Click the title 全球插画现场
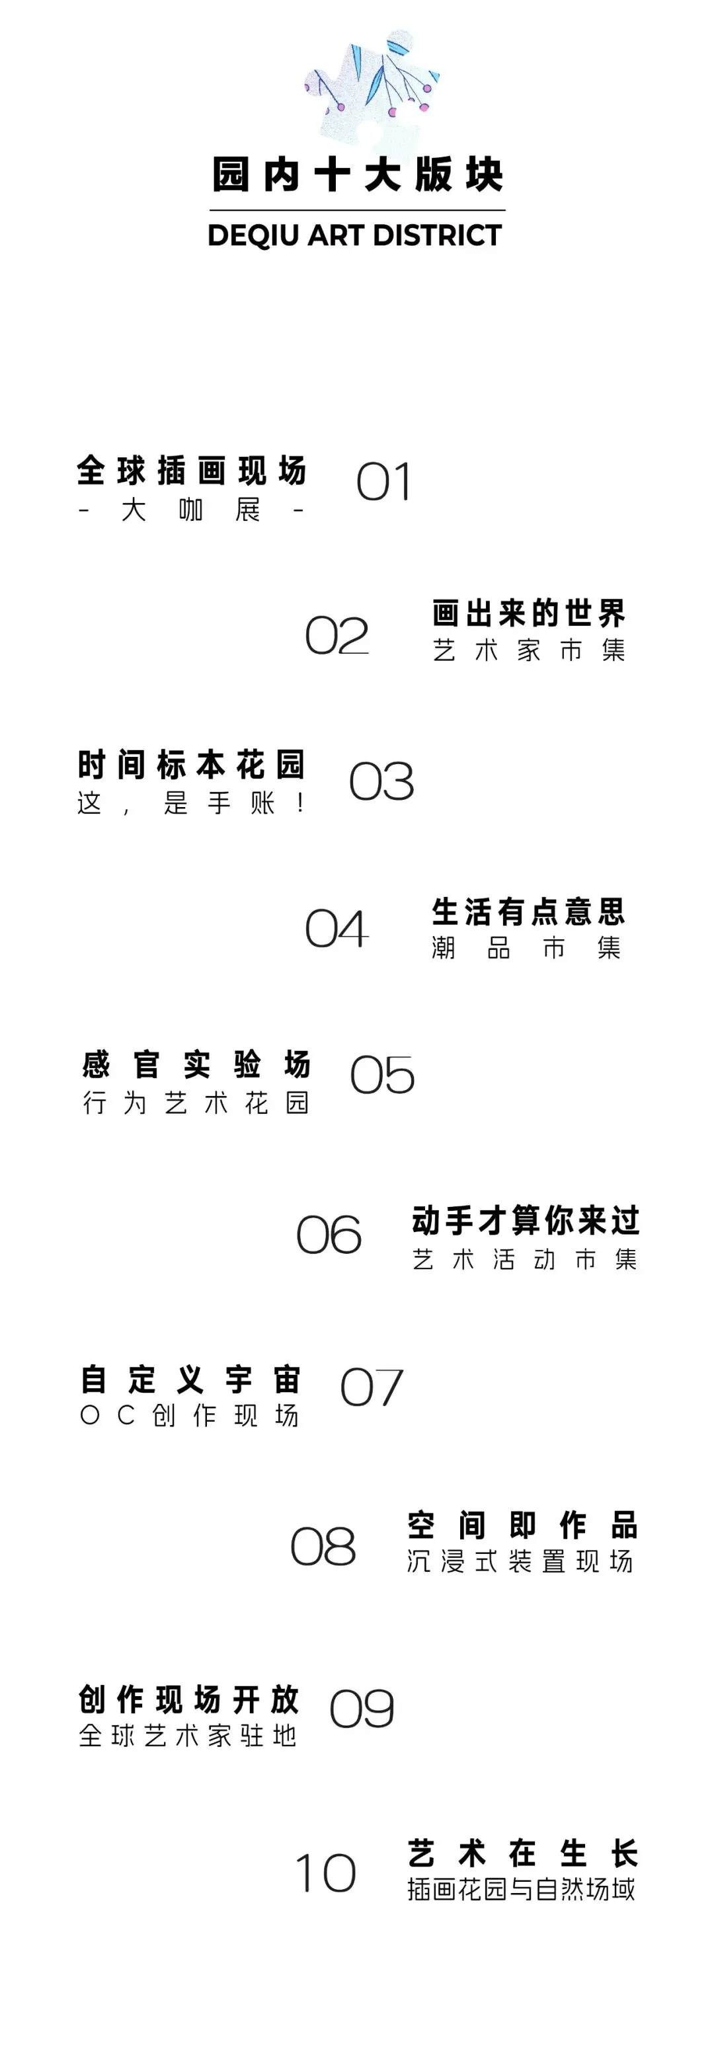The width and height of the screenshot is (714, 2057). (192, 471)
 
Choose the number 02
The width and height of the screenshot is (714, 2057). (337, 637)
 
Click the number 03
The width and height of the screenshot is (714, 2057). (381, 782)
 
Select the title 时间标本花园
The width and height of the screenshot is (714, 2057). (192, 765)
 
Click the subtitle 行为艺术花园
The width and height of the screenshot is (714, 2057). (196, 1103)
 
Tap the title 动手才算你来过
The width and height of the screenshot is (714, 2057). (526, 1221)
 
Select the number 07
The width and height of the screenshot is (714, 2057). (372, 1388)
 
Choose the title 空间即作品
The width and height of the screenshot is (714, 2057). (522, 1525)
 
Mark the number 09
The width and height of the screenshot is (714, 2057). (362, 1709)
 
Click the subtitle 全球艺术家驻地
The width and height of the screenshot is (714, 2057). (188, 1735)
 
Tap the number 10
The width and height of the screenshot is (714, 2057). (325, 1873)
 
